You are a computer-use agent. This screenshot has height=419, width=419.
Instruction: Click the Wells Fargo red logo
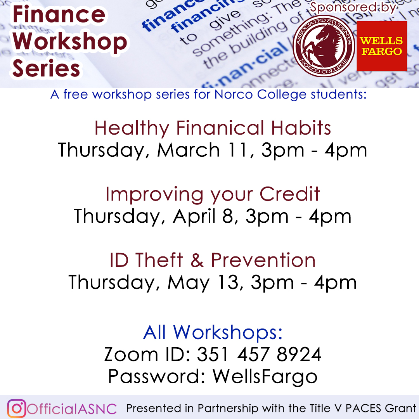[382, 46]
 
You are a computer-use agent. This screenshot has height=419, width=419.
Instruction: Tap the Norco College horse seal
[324, 46]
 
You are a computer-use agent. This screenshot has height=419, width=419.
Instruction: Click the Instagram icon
[17, 408]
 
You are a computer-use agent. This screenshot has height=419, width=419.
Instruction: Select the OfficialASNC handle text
[72, 409]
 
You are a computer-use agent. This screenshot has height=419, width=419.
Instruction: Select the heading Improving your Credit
[213, 194]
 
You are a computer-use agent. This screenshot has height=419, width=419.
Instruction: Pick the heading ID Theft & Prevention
[213, 260]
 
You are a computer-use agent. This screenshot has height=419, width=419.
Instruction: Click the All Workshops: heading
[213, 332]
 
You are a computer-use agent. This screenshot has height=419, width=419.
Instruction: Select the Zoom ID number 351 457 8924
[259, 354]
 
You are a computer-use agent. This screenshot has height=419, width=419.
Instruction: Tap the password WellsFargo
[265, 376]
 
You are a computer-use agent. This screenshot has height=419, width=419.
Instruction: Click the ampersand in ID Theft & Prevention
[197, 260]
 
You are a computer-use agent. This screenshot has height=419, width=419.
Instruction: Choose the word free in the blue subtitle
[76, 95]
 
